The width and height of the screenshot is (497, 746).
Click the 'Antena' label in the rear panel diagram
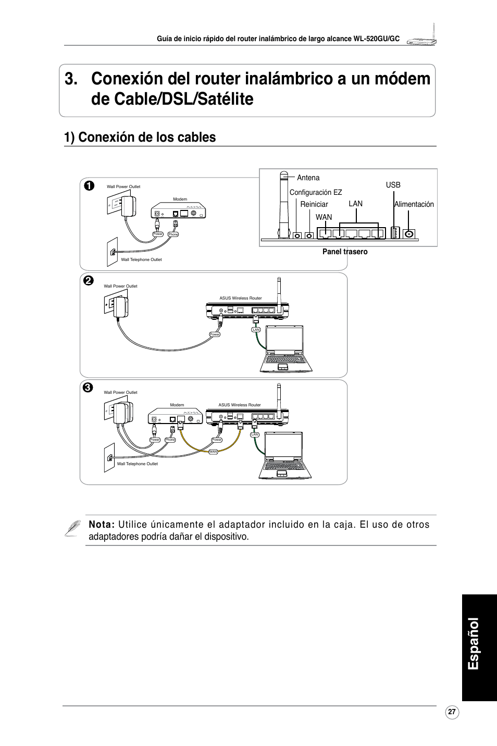308,178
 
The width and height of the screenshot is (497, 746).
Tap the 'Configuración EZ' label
316,192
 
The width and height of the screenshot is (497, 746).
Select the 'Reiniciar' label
314,204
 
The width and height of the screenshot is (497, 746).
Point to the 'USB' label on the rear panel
393,185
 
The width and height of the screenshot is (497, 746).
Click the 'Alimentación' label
414,204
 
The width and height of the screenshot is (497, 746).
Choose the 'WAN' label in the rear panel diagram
324,217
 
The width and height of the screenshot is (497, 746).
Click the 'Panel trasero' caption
345,252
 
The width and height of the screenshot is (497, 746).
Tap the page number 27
452,712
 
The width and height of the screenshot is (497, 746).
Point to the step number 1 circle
89,185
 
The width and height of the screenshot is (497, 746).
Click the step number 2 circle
89,280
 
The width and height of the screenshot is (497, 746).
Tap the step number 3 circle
88,387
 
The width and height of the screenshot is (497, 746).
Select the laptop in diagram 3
285,455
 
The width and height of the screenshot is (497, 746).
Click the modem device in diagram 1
179,212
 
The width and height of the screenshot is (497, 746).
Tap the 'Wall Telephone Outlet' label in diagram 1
141,259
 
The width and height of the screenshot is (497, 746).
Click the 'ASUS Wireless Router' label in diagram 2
241,299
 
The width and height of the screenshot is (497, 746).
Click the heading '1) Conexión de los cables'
140,137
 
